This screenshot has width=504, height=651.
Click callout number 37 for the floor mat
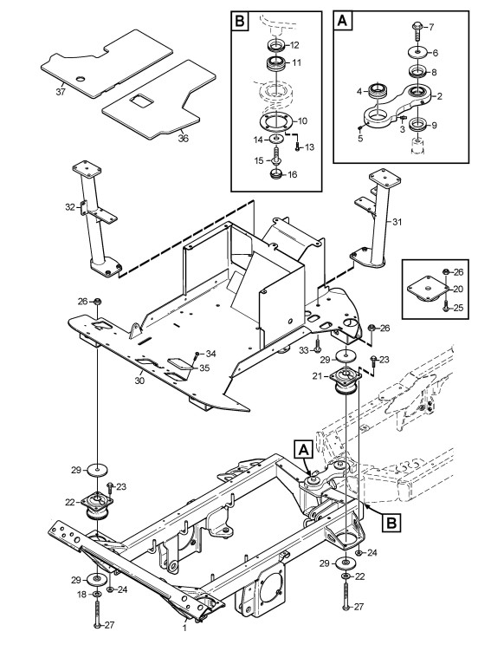coord(61,91)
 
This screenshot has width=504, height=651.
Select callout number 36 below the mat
coord(183,138)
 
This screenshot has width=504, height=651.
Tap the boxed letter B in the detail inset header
coord(240,21)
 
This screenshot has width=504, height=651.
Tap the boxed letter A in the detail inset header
coord(343,20)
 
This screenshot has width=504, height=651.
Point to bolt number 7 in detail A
coord(417,29)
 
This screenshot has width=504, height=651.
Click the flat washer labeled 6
coord(417,52)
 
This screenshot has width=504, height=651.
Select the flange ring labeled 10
coord(276,120)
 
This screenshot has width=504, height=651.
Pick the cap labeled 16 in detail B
coord(276,174)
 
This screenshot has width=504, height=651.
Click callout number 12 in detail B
coord(294,45)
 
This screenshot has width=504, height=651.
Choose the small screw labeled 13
coord(297,147)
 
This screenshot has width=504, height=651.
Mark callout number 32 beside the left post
coord(70,207)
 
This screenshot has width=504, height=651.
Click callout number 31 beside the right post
coord(397,222)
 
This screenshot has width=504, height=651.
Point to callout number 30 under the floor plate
coord(139,380)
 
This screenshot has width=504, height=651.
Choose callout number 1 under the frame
coord(184,628)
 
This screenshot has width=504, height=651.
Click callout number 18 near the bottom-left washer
coord(81,595)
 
